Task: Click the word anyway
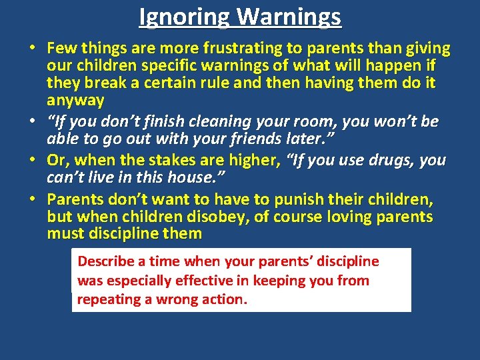pos(75,101)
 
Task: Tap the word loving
pos(354,217)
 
